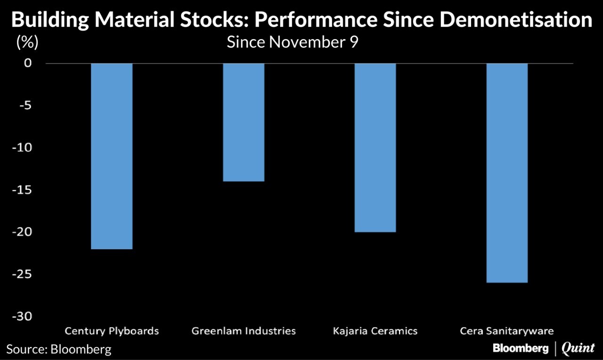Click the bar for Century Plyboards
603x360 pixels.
point(112,156)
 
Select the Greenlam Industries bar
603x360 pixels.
point(244,122)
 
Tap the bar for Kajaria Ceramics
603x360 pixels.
point(375,147)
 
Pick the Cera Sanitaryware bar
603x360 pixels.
point(507,173)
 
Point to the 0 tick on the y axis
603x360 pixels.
point(28,63)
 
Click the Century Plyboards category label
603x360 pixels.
point(112,331)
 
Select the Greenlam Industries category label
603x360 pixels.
point(244,331)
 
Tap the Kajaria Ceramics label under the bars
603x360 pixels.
point(375,331)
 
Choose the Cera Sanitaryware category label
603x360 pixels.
point(507,331)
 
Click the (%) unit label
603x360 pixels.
point(27,42)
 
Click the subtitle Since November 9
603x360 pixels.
point(293,42)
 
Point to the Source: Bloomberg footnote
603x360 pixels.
point(59,349)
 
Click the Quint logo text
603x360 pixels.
point(578,349)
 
